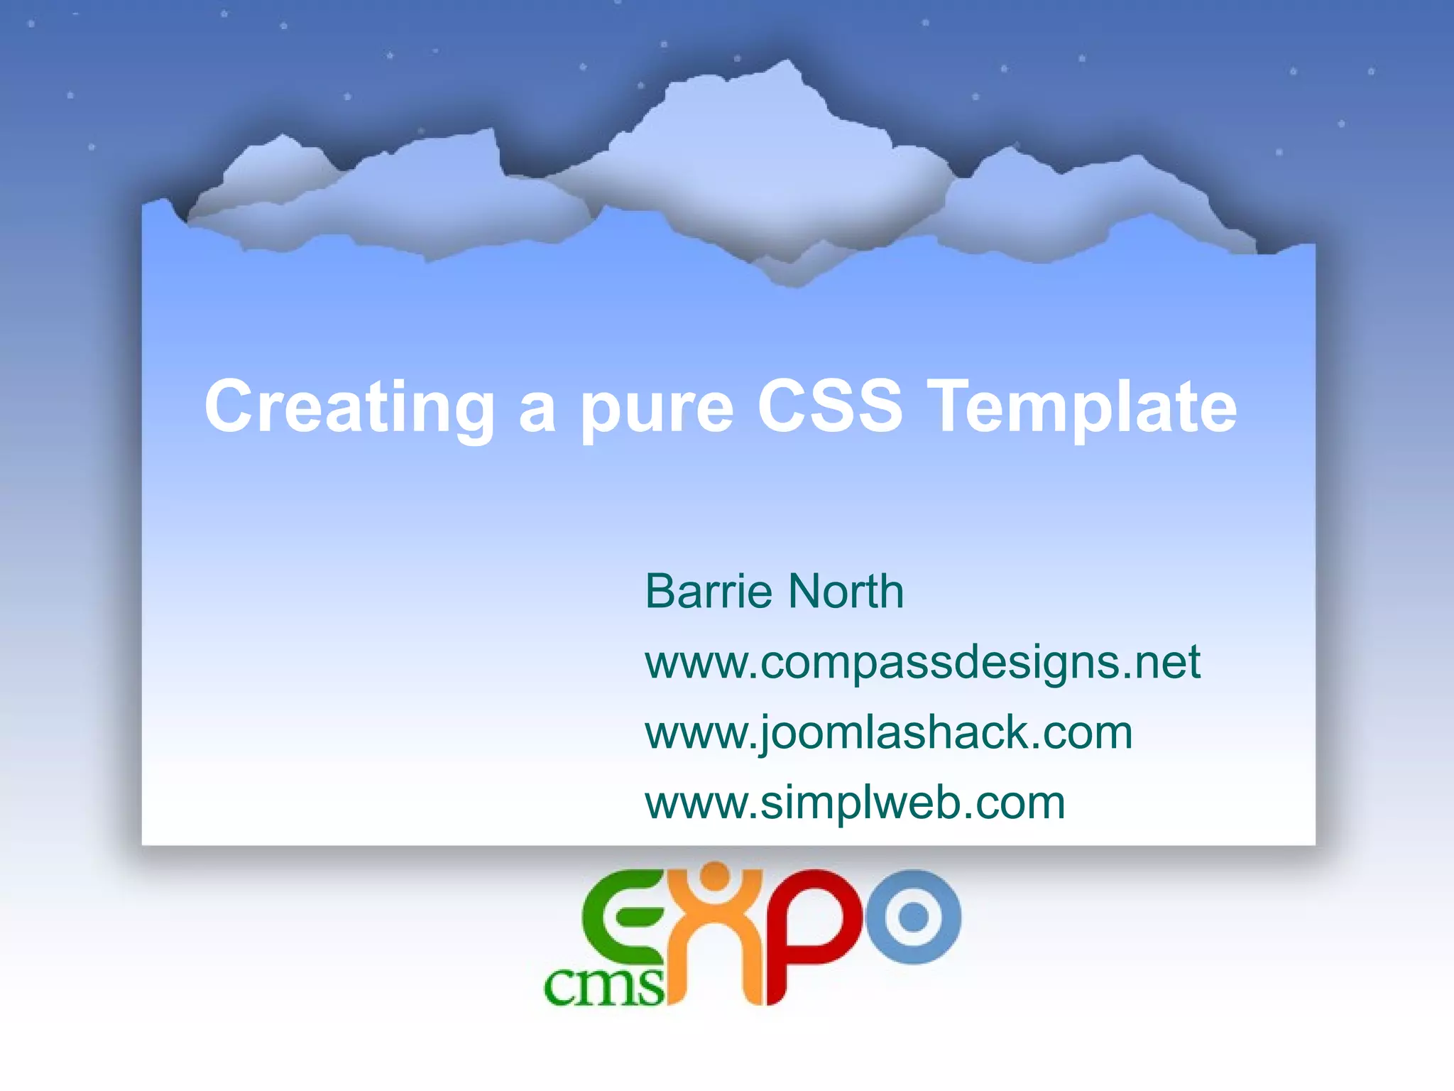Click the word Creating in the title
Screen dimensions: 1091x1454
(349, 408)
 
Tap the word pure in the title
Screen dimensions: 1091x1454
(657, 411)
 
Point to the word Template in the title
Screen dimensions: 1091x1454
(1084, 408)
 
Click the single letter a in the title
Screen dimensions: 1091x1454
(537, 412)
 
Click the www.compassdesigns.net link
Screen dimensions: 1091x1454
(922, 662)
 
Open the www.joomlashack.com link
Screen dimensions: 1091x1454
(888, 732)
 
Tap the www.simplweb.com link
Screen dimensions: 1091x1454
(855, 803)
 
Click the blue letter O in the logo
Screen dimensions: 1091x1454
(913, 917)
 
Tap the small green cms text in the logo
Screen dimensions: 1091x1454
(603, 987)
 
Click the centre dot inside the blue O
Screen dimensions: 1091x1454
(913, 917)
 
